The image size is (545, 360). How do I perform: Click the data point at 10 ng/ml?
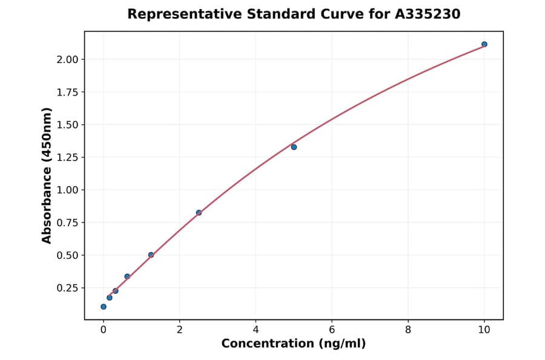click(484, 44)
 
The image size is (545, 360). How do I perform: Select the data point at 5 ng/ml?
click(294, 147)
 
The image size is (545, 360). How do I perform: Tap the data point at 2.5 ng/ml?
click(199, 213)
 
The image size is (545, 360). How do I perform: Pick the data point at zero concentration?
click(104, 307)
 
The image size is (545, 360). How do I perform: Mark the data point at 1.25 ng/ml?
click(151, 255)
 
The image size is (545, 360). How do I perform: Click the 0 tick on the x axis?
click(104, 329)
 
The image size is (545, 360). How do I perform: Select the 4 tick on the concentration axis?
click(256, 329)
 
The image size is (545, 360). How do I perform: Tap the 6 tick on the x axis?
click(332, 329)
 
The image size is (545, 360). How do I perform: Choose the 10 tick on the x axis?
click(484, 329)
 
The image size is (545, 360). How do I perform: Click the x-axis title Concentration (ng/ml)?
click(294, 344)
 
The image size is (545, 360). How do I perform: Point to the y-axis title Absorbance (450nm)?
click(47, 175)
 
